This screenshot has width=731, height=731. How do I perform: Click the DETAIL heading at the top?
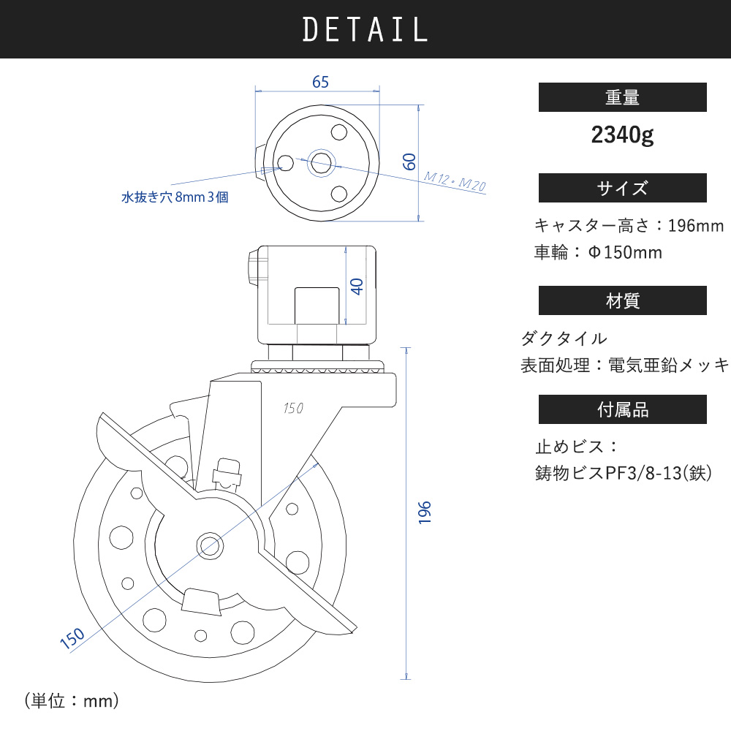[365, 29]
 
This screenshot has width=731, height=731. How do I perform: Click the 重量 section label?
[622, 97]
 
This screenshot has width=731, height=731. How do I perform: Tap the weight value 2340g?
[622, 135]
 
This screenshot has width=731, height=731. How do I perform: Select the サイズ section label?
[622, 188]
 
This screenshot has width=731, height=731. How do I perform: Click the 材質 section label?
[622, 300]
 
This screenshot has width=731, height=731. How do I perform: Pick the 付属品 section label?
[622, 409]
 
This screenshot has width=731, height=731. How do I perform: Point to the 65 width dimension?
[320, 82]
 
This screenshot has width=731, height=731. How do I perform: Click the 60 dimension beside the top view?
[410, 162]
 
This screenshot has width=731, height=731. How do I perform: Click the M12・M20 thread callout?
[455, 181]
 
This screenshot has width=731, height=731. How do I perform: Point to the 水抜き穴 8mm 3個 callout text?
[175, 197]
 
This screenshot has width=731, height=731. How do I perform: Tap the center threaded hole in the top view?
[320, 162]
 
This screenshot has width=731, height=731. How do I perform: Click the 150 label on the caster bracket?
[292, 409]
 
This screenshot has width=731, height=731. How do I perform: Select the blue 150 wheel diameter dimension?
[72, 637]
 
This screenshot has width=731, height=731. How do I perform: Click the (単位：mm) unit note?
[72, 701]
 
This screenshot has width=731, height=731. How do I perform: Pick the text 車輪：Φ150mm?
[598, 253]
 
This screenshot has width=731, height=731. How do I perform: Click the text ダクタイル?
[564, 338]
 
